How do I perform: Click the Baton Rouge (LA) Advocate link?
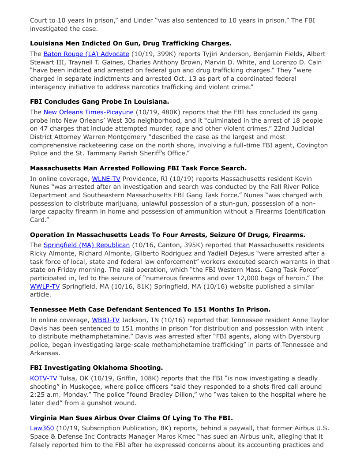point(86,54)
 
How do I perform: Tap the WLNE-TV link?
point(105,179)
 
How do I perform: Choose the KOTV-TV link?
point(43,378)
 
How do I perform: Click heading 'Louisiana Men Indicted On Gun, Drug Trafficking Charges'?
point(131,43)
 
